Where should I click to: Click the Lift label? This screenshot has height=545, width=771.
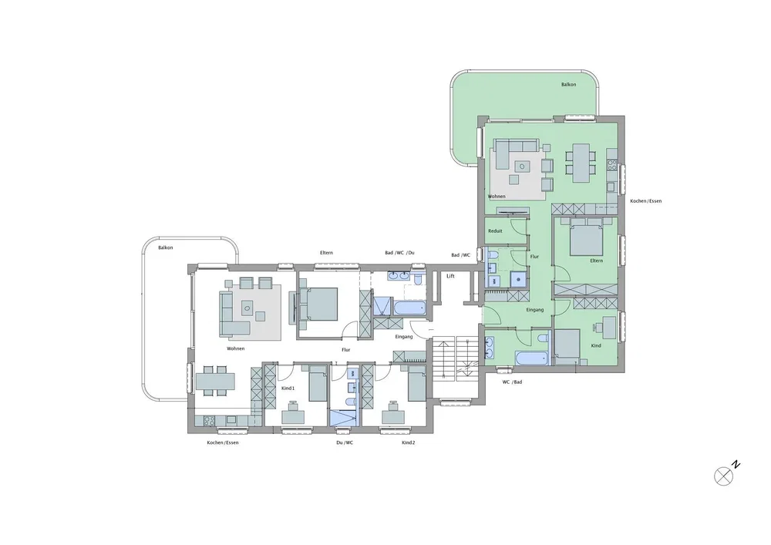[450, 276]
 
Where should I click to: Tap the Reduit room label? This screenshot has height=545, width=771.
[495, 231]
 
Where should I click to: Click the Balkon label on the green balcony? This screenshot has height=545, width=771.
[569, 85]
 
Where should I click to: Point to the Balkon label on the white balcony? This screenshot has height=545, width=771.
[166, 247]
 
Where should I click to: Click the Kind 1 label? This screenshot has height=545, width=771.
[288, 389]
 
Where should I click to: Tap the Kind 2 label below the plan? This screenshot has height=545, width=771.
[408, 442]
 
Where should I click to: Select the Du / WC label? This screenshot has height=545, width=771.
[345, 442]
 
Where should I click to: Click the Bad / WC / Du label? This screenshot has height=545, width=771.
[399, 253]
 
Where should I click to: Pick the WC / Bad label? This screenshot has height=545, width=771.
[512, 382]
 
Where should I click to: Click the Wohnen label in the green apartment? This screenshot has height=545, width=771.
[497, 197]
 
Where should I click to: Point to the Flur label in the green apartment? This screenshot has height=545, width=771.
[534, 257]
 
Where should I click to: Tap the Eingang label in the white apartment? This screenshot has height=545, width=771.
[404, 337]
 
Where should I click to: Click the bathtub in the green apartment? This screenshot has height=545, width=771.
[531, 357]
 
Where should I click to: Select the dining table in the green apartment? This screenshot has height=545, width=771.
[581, 163]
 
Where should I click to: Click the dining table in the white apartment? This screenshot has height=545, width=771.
[215, 381]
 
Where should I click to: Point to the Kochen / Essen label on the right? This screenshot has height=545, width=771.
[645, 201]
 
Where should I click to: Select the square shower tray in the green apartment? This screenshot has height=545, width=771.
[517, 279]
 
